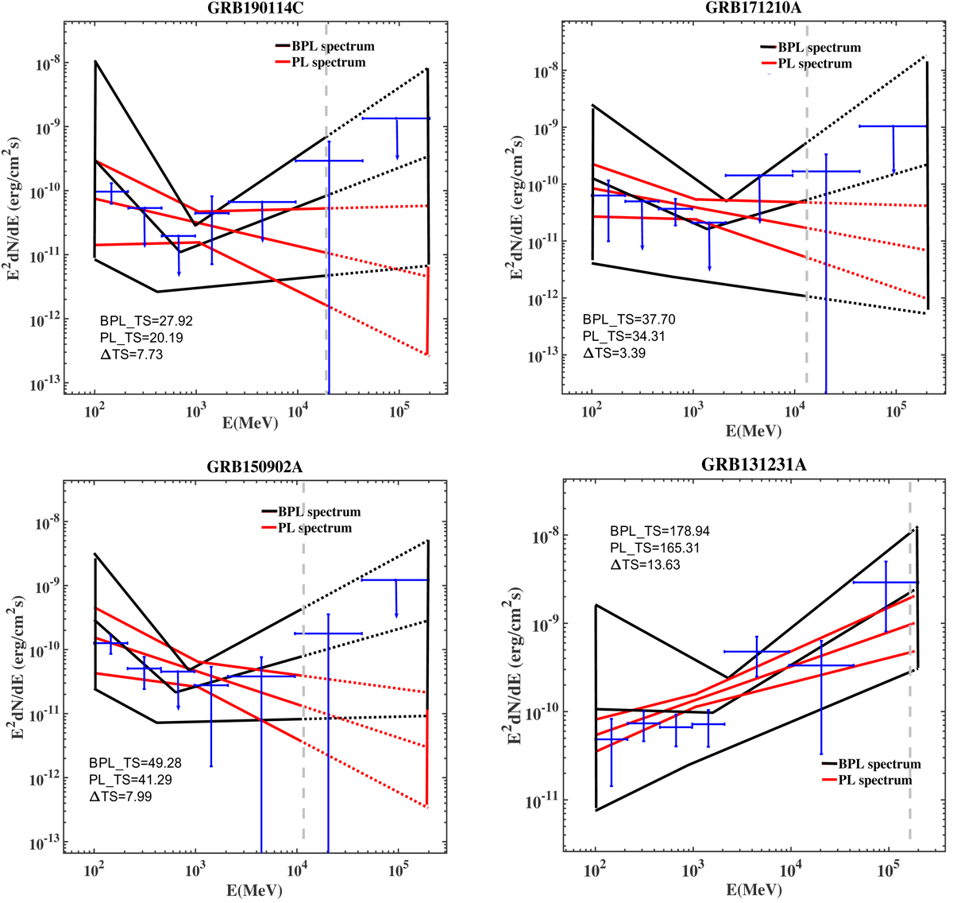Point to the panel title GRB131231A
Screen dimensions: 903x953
click(754, 466)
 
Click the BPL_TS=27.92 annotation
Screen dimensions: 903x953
click(146, 321)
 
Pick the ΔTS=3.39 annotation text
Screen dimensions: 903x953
click(615, 352)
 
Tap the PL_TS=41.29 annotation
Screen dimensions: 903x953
click(131, 780)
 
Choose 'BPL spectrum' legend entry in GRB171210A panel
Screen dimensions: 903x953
click(819, 48)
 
